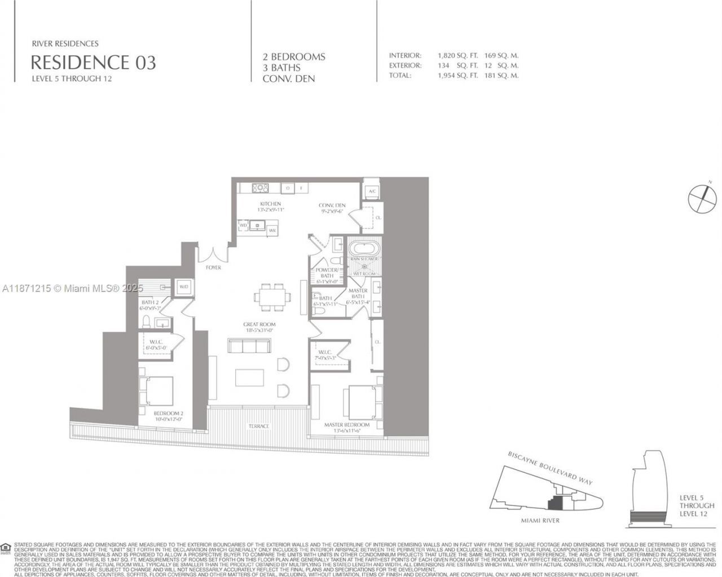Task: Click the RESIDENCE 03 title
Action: coord(93,61)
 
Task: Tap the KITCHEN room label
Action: coord(270,204)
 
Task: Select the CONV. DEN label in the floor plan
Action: coord(332,205)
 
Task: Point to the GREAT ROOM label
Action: coord(259,324)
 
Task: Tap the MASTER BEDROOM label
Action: coord(347,425)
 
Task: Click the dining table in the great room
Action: coord(272,296)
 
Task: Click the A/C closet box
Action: coord(372,191)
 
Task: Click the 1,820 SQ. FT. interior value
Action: coord(457,56)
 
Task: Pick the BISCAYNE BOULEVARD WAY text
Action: coord(550,468)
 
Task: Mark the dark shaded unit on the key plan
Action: coord(556,501)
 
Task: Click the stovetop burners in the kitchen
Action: coord(259,188)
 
